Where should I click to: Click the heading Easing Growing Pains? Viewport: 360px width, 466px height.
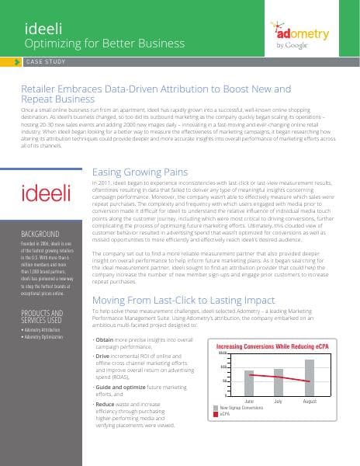(x=142, y=172)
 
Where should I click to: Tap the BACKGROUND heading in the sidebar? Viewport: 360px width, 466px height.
(x=39, y=233)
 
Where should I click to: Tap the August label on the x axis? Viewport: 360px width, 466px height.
(x=309, y=401)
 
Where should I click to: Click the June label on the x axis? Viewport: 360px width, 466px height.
(x=249, y=401)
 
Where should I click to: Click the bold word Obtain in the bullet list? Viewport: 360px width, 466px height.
(x=106, y=340)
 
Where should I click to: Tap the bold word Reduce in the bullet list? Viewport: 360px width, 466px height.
(x=106, y=405)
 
